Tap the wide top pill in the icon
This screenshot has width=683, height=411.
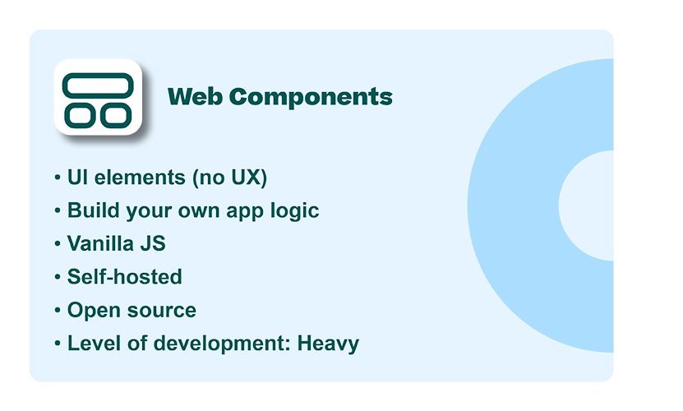[x=98, y=85]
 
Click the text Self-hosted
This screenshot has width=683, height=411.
[x=124, y=276]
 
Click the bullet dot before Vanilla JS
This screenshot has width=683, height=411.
[x=58, y=244]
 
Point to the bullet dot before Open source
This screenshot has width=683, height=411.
[x=58, y=311]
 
